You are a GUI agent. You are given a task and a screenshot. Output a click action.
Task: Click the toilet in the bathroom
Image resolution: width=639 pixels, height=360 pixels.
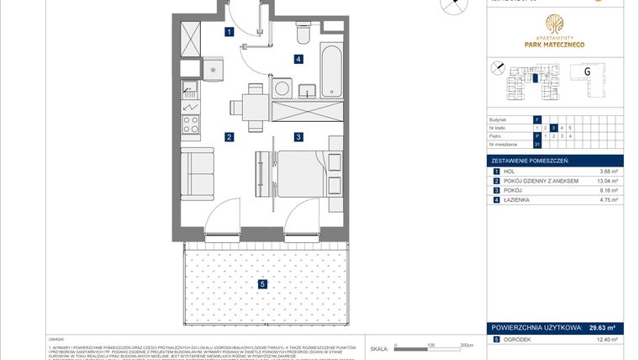304,33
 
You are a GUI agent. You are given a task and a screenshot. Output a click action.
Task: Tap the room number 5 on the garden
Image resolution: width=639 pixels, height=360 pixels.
262,284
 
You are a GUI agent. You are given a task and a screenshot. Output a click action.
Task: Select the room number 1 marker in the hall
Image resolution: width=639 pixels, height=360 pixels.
229,33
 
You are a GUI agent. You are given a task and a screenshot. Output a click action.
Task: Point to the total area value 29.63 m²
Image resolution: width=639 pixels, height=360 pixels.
600,329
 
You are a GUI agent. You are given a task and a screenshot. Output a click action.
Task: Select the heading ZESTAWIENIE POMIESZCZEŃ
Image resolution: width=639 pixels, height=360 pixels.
531,161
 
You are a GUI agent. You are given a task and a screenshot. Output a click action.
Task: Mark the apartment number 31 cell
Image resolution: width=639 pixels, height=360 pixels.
536,144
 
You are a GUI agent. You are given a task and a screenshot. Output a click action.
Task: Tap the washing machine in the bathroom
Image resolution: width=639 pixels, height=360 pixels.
282,88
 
